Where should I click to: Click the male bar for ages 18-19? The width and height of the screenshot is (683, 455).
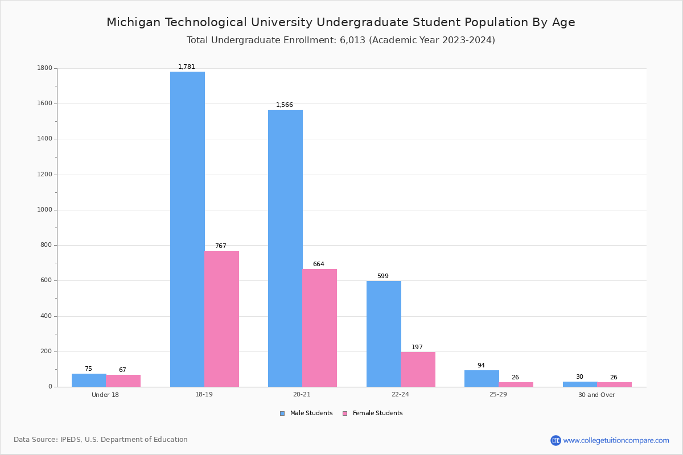coord(187,229)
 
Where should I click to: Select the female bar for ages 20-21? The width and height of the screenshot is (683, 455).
coord(319,328)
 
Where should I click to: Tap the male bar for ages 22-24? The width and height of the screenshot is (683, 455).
coord(384,334)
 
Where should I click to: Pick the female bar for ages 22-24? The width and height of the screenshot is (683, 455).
coord(418,369)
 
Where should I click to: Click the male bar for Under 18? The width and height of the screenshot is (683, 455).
coord(89,380)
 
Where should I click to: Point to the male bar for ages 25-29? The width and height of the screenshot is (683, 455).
coord(482,379)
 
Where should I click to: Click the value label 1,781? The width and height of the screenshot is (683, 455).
coord(187,67)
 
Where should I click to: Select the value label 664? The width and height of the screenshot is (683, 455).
coord(319,264)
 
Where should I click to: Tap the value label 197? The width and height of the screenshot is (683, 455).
coord(417,347)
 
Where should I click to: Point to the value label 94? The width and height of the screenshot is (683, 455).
coord(481,366)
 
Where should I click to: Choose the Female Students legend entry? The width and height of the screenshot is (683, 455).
coord(373,413)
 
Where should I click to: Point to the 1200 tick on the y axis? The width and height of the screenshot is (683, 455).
coord(45,175)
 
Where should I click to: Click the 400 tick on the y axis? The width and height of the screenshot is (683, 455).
coord(46,316)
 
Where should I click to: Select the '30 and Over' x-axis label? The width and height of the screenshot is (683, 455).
coord(596,395)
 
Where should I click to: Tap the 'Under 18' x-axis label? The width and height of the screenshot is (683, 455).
coord(105,395)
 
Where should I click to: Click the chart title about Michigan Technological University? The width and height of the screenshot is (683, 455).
coord(341,22)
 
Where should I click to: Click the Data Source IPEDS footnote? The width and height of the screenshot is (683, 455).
coord(101,440)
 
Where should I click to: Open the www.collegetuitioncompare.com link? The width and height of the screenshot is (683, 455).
coord(616,440)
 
